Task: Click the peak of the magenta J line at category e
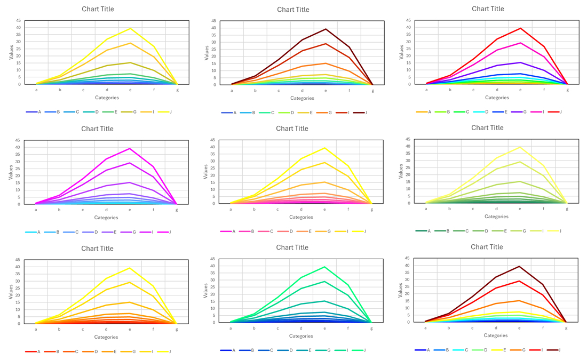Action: coord(130,148)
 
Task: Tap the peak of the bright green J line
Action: coord(325,267)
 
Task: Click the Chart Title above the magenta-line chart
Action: coord(97,129)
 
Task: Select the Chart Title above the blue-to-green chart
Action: coord(292,247)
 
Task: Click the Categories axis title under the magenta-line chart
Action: coord(106,218)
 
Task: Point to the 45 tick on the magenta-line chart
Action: coord(19,140)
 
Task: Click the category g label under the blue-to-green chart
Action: coord(372,329)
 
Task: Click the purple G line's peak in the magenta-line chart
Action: coord(130,182)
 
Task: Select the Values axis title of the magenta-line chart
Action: coord(11,172)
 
